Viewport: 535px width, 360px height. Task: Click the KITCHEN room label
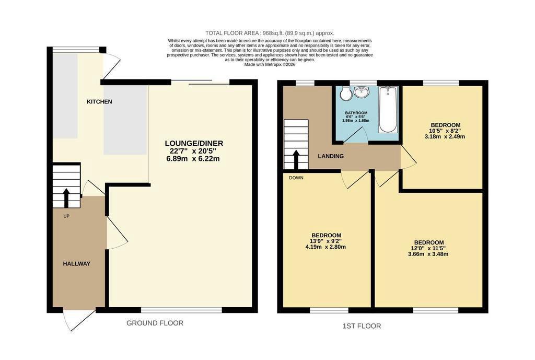pos(99,102)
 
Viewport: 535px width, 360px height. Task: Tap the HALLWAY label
pos(76,264)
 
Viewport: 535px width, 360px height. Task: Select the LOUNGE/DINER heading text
pos(194,143)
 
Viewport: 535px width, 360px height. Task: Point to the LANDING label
pos(331,156)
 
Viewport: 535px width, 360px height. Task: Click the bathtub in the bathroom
pos(388,110)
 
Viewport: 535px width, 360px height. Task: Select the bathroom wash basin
pos(362,91)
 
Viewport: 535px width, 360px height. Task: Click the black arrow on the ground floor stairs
pos(66,198)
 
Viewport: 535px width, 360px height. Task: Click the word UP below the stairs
pos(66,216)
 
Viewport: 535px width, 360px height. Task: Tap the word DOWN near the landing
pos(296,178)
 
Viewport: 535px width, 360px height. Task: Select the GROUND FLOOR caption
pos(155,323)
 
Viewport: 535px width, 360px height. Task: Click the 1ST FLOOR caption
pos(362,326)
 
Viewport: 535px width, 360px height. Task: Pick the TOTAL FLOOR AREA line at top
pos(270,33)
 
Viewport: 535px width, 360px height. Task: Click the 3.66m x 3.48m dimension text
pos(428,254)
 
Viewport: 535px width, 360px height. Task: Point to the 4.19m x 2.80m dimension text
pos(325,247)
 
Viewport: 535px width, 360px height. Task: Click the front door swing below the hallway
pos(79,319)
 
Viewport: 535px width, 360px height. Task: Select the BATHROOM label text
pos(356,113)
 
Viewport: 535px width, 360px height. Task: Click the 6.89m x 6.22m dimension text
pos(193,159)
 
